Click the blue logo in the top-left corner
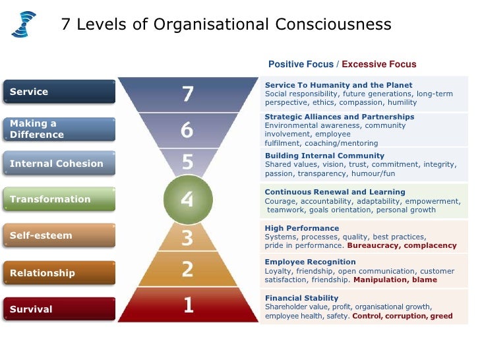click(24, 24)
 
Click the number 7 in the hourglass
click(188, 94)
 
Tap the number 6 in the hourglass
click(187, 131)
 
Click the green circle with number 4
click(187, 198)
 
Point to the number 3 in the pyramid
click(187, 237)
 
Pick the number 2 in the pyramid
click(187, 269)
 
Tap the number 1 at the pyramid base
click(189, 305)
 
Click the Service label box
click(59, 92)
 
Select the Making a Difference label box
click(59, 129)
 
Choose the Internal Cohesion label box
click(59, 164)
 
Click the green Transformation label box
click(59, 199)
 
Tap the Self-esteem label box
click(59, 235)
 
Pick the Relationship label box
click(59, 273)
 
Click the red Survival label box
click(59, 309)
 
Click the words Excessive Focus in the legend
click(379, 64)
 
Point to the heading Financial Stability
click(301, 298)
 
